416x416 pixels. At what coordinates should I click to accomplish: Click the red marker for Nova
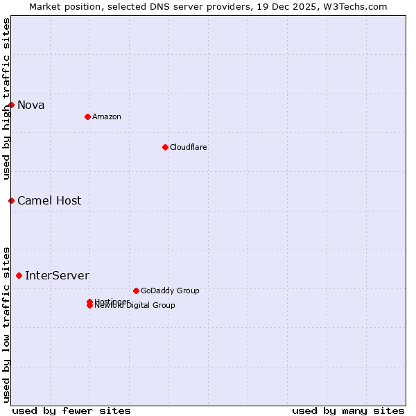tap(11, 105)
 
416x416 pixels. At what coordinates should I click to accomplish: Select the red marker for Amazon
tap(87, 116)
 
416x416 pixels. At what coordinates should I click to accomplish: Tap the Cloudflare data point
tap(165, 147)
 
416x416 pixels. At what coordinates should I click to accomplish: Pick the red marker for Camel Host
tap(11, 200)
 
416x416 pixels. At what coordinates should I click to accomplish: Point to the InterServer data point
tap(19, 275)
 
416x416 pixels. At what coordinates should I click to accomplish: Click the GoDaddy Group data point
tap(136, 291)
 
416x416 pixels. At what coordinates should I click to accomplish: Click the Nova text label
tap(31, 105)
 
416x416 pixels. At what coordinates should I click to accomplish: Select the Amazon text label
tap(107, 116)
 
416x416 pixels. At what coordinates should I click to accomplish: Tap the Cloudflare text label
tap(189, 147)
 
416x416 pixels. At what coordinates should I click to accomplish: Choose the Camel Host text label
tap(49, 201)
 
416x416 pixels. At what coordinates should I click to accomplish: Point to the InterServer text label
tap(57, 276)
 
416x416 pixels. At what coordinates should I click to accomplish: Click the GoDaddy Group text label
tap(170, 291)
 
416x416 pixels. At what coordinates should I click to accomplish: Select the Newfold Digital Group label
tap(135, 306)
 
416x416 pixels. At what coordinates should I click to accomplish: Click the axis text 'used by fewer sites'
tap(71, 410)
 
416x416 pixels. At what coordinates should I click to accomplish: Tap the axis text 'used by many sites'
tap(348, 410)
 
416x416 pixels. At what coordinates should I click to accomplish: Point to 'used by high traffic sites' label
tap(6, 98)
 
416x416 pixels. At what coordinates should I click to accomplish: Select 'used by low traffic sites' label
tap(6, 324)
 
